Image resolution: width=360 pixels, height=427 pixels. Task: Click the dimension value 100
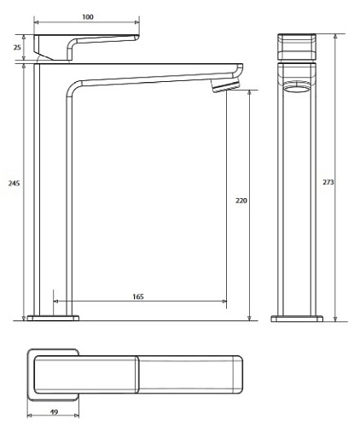[88, 17]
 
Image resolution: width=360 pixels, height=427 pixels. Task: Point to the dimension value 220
[241, 201]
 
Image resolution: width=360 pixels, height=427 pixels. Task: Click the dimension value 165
[138, 296]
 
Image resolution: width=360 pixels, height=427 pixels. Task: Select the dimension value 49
[54, 412]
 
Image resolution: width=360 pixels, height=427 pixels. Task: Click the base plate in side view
[54, 319]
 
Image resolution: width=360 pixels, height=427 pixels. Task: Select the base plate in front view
[298, 319]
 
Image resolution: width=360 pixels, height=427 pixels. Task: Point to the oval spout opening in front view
[298, 88]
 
